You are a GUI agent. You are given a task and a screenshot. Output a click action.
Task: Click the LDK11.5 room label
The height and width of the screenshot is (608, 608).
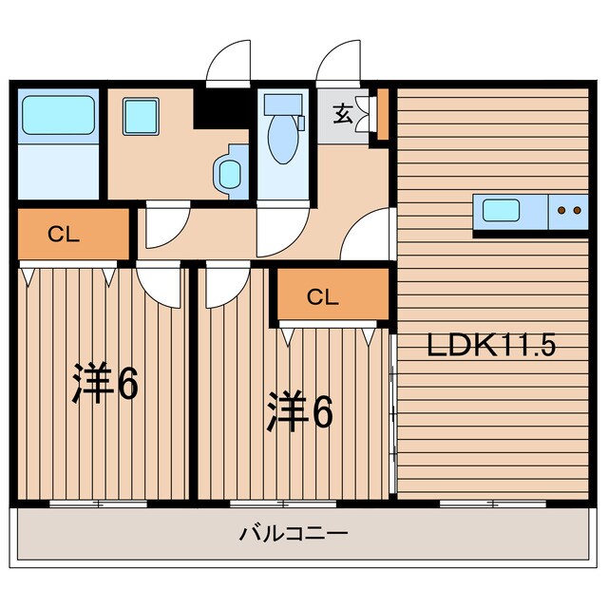(x=491, y=345)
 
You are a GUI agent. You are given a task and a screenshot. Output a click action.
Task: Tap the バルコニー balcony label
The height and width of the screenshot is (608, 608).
(x=294, y=534)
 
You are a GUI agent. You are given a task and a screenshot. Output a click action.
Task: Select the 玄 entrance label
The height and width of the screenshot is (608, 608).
(x=343, y=114)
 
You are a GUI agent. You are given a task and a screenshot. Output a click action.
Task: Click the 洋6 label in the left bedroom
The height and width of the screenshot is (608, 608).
(x=104, y=384)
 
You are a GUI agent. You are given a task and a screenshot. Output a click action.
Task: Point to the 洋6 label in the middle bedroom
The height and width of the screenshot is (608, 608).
(x=299, y=410)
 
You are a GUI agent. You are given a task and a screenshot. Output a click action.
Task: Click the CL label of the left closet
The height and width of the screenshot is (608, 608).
(x=64, y=235)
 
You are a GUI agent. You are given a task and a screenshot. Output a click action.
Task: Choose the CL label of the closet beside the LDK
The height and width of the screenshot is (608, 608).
(x=323, y=297)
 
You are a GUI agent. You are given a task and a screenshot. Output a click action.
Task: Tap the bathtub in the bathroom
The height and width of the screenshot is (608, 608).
(x=59, y=115)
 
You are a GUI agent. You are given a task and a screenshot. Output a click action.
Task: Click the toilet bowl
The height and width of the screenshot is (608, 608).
(x=284, y=139)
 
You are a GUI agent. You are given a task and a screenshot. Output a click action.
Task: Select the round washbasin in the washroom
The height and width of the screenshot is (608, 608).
(x=230, y=175)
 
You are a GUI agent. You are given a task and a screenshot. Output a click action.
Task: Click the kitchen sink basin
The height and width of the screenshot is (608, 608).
(x=501, y=211)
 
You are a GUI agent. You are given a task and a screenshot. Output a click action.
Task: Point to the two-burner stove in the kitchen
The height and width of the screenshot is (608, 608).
(x=568, y=211)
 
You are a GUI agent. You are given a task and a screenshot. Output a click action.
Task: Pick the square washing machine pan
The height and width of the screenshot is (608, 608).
(x=141, y=116)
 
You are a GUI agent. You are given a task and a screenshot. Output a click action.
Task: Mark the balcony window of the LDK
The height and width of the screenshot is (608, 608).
(x=493, y=504)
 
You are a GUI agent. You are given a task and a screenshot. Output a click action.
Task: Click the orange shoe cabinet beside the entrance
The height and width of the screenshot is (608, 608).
(x=383, y=114)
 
